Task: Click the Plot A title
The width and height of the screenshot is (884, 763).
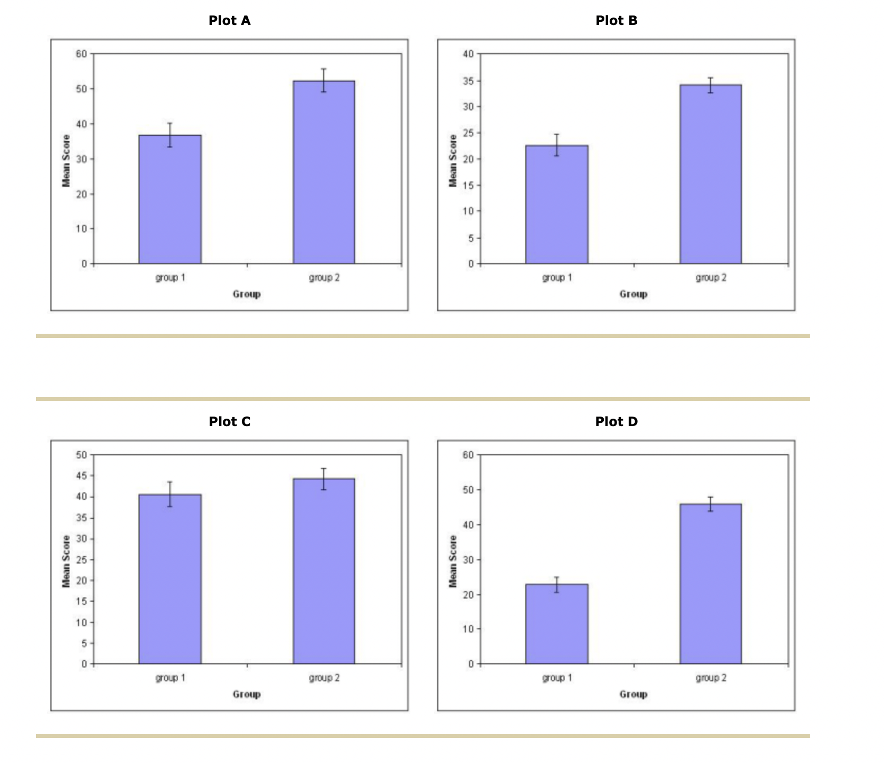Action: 229,21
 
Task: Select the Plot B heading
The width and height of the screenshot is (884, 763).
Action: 616,21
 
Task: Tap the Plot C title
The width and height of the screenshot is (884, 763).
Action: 229,421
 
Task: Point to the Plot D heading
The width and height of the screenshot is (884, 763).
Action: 616,421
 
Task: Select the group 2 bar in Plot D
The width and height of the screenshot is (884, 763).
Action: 710,584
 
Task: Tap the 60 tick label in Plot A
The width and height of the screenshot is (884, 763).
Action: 81,54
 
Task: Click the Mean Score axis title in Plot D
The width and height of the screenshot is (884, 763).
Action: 453,561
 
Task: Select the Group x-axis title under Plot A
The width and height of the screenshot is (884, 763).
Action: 247,294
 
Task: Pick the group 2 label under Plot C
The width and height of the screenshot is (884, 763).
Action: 324,678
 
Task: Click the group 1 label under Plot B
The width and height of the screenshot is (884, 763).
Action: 557,278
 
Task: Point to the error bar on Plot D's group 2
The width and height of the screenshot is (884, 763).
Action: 710,504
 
